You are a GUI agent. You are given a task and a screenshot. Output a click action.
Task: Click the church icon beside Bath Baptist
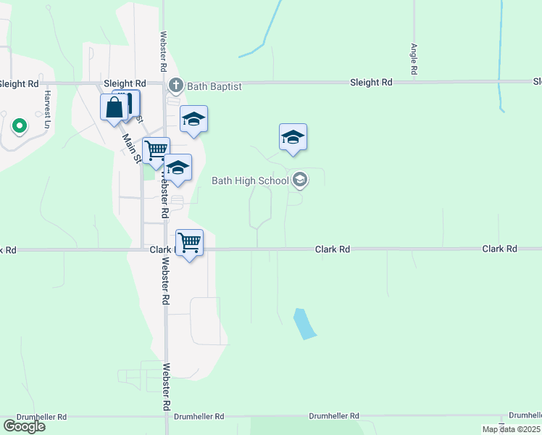pos(175,86)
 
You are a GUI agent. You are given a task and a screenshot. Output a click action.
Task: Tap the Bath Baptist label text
pos(214,86)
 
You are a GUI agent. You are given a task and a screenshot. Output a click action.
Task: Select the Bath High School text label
pos(250,181)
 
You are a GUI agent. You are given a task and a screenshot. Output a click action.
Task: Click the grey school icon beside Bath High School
pos(299,180)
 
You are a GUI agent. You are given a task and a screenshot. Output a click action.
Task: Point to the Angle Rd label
pos(414,59)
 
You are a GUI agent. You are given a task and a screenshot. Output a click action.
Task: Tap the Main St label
pos(131,148)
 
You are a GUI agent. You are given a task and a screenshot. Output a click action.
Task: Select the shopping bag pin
pos(114,109)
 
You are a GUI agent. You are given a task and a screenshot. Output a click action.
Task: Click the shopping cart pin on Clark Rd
pos(189,243)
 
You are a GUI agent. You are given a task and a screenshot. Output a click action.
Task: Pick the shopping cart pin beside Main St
pos(157,151)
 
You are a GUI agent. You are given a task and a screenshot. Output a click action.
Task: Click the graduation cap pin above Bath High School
pos(293,137)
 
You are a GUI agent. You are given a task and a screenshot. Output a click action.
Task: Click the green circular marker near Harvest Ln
pos(20,127)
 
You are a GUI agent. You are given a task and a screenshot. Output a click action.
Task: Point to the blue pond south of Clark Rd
pos(304,323)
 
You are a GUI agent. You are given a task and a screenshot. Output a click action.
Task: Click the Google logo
pos(25,426)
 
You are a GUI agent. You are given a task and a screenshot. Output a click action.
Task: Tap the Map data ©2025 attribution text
pos(511,429)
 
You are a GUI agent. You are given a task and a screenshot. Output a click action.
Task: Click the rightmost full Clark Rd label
pos(499,249)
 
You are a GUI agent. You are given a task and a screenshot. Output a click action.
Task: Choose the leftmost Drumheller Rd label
pos(33,417)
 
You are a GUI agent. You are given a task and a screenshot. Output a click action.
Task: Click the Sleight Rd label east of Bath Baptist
pos(370,83)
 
